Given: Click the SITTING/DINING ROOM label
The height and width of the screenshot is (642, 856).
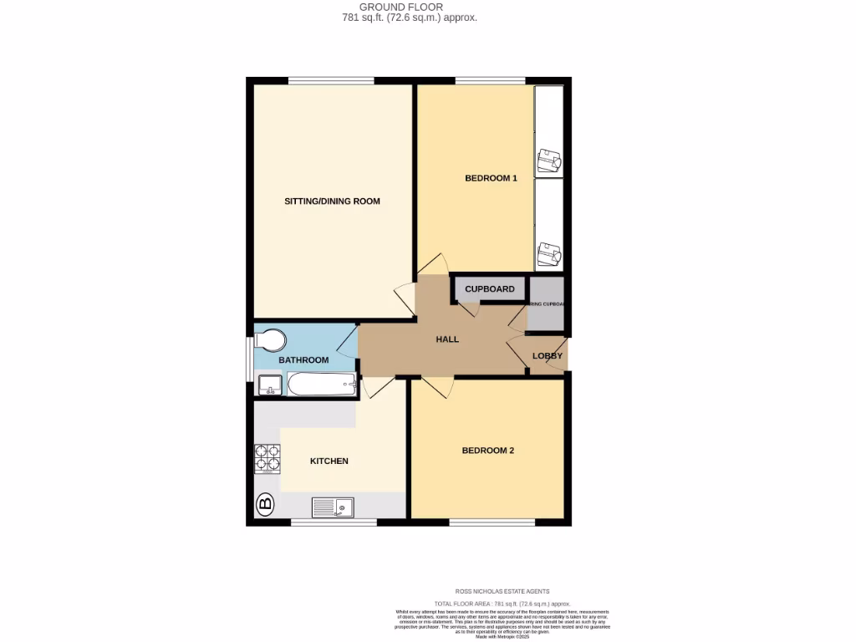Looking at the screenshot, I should click(x=332, y=201).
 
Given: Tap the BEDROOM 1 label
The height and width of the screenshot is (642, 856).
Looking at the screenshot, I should click(x=491, y=178).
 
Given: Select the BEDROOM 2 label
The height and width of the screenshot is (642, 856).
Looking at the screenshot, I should click(x=487, y=451).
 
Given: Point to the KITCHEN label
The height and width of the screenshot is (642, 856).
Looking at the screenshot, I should click(x=329, y=461).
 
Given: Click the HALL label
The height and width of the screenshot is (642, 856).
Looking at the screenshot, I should click(x=447, y=339).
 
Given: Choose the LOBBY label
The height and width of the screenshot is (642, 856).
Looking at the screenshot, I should click(x=548, y=356).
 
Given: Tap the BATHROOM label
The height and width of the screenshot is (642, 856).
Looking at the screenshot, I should click(x=303, y=360).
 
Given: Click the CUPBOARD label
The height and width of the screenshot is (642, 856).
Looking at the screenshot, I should click(x=489, y=289).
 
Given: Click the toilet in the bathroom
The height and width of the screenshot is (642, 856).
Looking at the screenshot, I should click(x=269, y=340).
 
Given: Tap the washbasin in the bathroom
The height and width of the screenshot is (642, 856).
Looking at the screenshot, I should click(x=269, y=385).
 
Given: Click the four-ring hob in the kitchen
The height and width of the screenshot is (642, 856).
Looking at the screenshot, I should click(x=267, y=459).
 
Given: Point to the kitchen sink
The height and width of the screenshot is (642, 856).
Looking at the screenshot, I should click(x=334, y=507).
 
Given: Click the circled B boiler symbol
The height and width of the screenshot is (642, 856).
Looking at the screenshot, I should click(x=265, y=503).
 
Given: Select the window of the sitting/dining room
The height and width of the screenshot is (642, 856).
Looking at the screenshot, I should click(x=332, y=80).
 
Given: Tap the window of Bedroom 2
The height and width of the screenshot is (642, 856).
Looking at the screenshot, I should click(x=492, y=522).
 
